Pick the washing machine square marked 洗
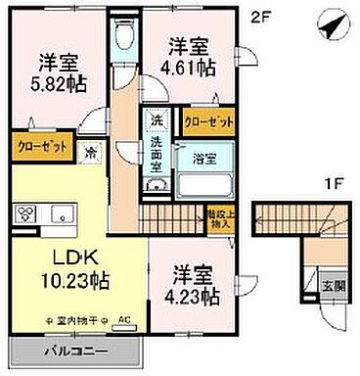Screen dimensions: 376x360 [x=157, y=119]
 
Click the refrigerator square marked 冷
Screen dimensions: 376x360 [x=90, y=152]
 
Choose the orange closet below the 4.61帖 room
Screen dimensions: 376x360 [x=207, y=120]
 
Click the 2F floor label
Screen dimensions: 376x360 [x=259, y=16]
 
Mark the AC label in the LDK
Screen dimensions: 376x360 [x=123, y=320]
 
